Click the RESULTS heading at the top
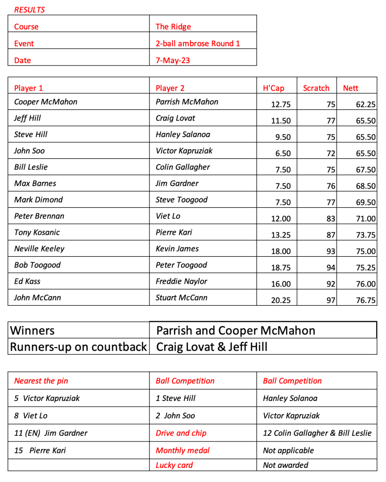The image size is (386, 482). pos(29,9)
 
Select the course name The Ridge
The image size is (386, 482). pos(173,27)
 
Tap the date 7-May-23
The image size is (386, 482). pos(173,60)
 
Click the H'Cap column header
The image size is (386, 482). pos(273,88)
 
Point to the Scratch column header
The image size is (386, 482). pos(316,88)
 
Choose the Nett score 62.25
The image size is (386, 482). pos(366,105)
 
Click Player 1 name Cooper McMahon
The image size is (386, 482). pos(46,102)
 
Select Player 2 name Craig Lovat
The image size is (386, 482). pos(175,118)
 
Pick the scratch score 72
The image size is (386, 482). pos(331,154)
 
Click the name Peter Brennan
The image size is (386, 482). pos(39,216)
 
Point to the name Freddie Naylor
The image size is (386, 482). pos(181,281)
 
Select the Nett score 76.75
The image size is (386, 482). pos(366,301)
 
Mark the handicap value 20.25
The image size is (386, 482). pos(281,301)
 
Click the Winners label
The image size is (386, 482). pos(33,330)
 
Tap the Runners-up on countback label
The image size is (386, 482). pos(79,347)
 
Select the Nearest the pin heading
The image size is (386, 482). pos(41,381)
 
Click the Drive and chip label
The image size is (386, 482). pos(181,433)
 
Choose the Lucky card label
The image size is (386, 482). pos(174,465)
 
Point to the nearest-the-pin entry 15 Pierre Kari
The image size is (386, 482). pos(40,450)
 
